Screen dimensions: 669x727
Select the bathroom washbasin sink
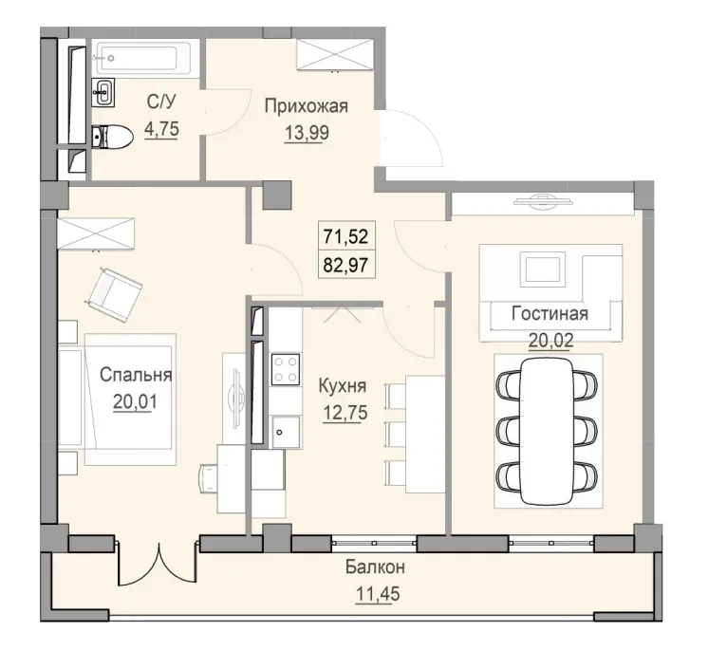pos(105,92)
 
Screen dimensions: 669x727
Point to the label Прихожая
pos(306,106)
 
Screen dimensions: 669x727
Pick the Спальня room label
pos(136,374)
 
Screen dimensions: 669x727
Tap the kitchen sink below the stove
pos(282,432)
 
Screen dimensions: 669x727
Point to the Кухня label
pos(343,386)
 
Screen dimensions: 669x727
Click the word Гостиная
pos(550,313)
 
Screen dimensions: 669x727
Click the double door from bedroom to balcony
pos(158,567)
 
